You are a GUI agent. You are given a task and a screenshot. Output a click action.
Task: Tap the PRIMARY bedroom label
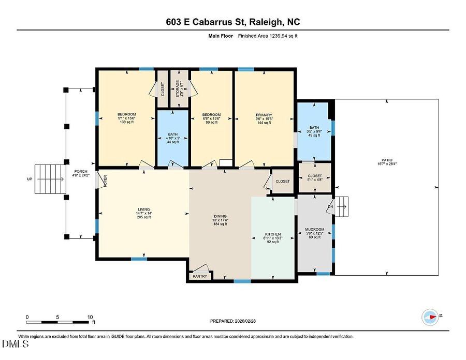(264, 115)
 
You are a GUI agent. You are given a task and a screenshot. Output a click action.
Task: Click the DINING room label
(221, 216)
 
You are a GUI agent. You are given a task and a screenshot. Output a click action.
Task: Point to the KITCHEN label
(273, 234)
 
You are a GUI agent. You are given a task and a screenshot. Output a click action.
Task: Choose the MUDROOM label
(315, 229)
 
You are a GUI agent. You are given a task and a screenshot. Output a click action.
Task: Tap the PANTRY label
(200, 276)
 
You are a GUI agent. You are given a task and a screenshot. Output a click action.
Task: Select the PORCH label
(80, 171)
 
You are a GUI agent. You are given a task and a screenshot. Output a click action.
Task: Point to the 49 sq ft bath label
(314, 128)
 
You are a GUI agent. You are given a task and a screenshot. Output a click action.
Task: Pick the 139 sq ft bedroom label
(126, 114)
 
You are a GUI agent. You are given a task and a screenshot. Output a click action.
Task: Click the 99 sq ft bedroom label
(211, 115)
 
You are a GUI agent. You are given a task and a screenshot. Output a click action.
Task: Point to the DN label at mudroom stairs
(330, 207)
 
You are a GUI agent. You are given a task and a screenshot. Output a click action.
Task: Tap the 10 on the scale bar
(90, 317)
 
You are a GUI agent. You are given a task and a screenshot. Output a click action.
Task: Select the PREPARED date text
(233, 321)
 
